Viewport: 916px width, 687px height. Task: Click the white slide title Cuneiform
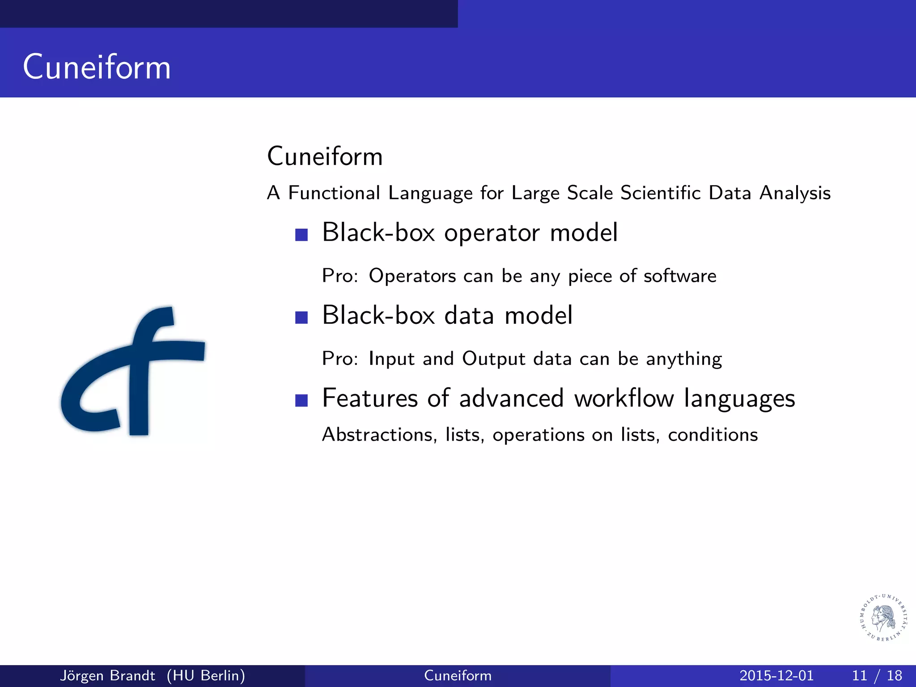[x=97, y=67]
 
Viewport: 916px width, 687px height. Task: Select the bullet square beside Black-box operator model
[x=301, y=235]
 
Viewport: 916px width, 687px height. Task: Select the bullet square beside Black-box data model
[x=301, y=318]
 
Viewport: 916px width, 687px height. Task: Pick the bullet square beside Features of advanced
[x=301, y=400]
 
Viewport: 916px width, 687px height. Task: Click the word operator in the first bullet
[x=492, y=233]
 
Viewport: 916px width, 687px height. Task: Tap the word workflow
[x=624, y=398]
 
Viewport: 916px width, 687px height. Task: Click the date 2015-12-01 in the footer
[x=776, y=675]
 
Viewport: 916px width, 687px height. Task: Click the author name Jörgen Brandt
[x=107, y=675]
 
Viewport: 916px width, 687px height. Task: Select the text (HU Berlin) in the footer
[x=206, y=675]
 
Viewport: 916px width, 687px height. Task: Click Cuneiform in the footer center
[x=458, y=675]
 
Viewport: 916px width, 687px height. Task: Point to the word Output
[x=493, y=359]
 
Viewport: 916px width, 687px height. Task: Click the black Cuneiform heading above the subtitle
[x=325, y=157]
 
